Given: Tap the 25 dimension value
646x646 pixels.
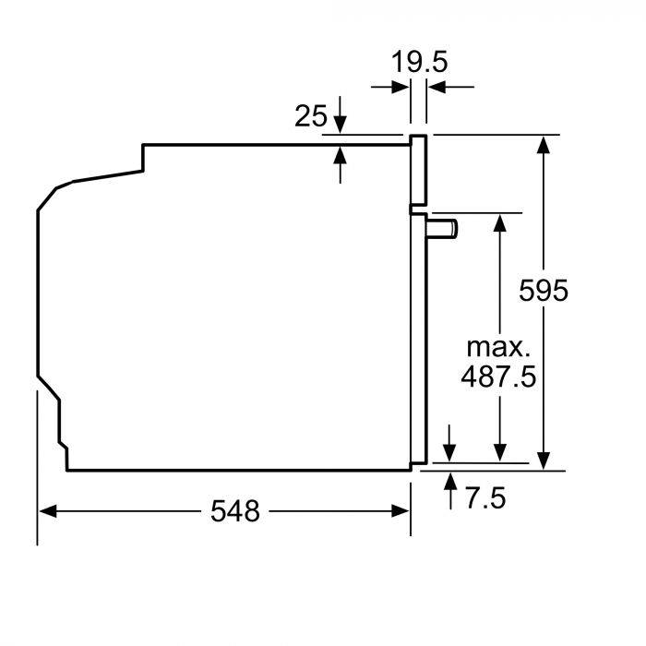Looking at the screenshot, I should pyautogui.click(x=311, y=116).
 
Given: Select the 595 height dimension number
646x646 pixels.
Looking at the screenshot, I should pyautogui.click(x=544, y=290).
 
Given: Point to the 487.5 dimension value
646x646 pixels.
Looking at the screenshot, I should pyautogui.click(x=498, y=378).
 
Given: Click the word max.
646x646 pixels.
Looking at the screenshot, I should pyautogui.click(x=498, y=348).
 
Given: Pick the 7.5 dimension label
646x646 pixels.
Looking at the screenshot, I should pyautogui.click(x=485, y=499).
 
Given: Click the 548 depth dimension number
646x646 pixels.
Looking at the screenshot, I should pyautogui.click(x=234, y=510).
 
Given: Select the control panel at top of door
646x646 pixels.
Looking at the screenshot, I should pyautogui.click(x=419, y=170).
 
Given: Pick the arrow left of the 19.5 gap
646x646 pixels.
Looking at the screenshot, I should pyautogui.click(x=402, y=88).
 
